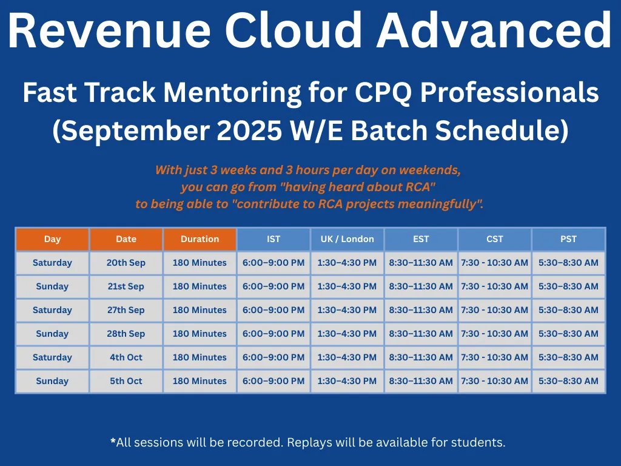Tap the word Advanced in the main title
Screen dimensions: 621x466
point(494,30)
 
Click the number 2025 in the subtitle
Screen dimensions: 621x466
point(249,130)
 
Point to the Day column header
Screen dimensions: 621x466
point(52,239)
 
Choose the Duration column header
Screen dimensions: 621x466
point(200,239)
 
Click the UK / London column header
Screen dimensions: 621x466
point(347,239)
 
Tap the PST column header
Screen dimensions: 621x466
point(568,239)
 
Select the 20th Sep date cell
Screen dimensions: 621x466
point(126,263)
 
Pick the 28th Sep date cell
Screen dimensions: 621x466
point(126,334)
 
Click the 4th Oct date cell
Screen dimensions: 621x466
point(126,357)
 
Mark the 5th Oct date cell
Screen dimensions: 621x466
point(126,381)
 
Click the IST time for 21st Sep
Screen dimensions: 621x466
point(274,286)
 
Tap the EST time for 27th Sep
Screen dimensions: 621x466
point(421,310)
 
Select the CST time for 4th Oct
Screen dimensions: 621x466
point(495,357)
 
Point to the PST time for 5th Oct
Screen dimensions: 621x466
point(568,381)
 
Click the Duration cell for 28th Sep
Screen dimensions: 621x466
point(200,334)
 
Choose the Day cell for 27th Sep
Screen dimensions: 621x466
point(52,310)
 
